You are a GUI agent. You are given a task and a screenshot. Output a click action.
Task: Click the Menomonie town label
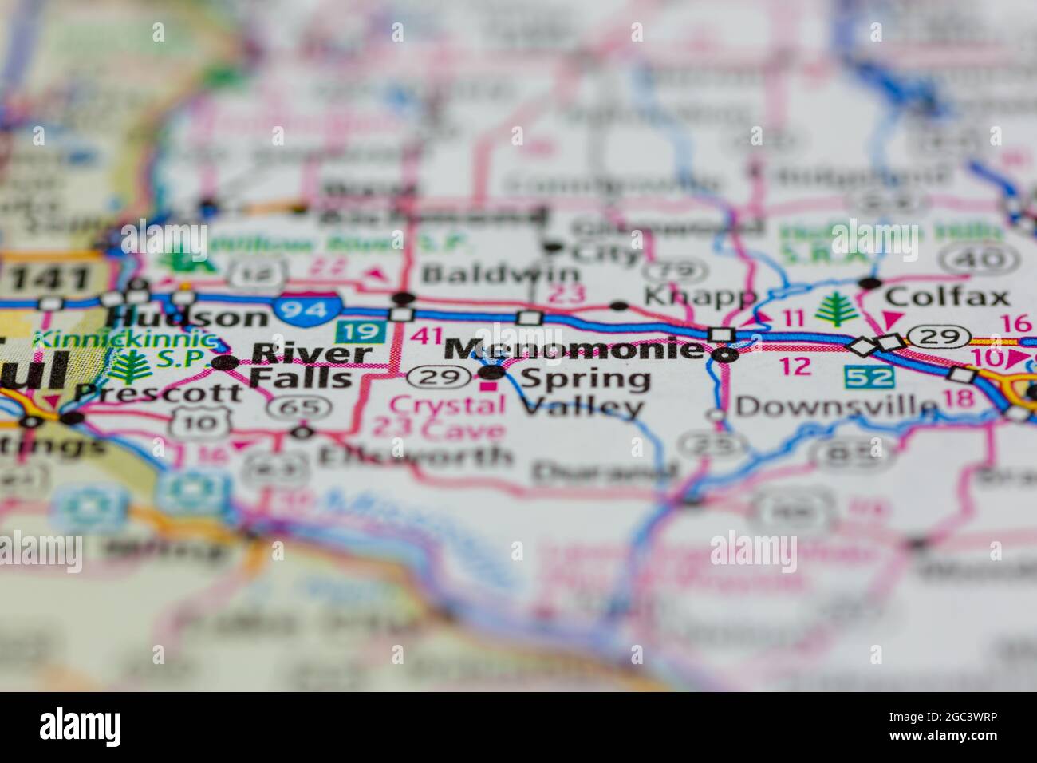tap(573, 348)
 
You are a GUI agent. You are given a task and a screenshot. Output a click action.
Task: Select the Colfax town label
tap(946, 297)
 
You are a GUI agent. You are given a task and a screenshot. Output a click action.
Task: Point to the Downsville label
tap(836, 406)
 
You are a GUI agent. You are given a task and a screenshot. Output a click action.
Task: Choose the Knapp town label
tap(700, 296)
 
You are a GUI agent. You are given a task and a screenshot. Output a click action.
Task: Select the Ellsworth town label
tap(415, 457)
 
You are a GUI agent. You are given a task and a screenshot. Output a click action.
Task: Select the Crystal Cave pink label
tap(448, 417)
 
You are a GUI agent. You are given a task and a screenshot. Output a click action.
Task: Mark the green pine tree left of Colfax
tap(837, 309)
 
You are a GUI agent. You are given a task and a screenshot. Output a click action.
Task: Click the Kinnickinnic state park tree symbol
tap(125, 368)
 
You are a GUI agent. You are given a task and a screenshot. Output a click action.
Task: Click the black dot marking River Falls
tap(226, 363)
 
